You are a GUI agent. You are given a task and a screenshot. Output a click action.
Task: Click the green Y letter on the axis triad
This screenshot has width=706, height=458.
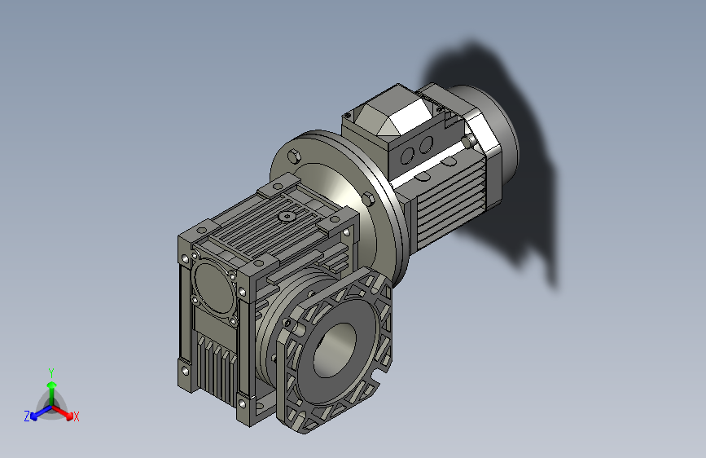click(x=50, y=372)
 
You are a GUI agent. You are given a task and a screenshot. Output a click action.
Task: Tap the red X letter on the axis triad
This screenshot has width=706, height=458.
click(x=77, y=417)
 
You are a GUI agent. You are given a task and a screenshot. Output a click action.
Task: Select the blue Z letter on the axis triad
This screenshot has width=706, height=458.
click(x=27, y=416)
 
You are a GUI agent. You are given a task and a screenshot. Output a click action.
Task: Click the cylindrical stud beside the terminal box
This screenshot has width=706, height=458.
click(x=471, y=143)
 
